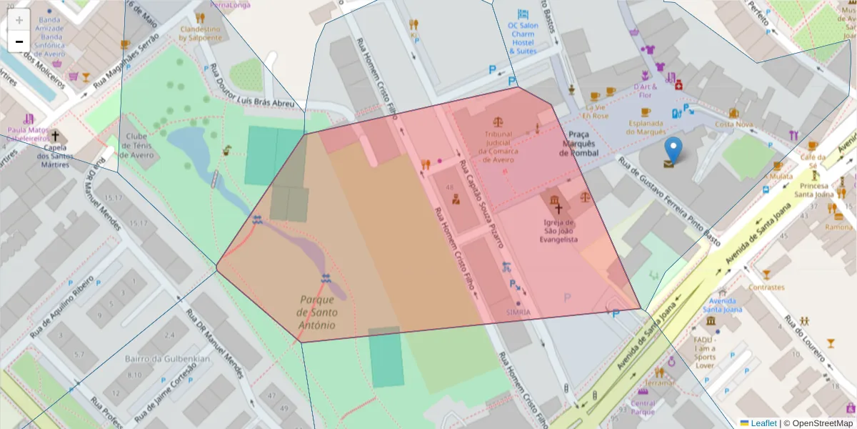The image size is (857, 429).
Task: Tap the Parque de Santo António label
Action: click(x=317, y=312)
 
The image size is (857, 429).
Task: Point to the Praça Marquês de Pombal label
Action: click(x=578, y=143)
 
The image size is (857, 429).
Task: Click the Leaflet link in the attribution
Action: click(x=763, y=423)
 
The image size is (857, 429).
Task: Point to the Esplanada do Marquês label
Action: click(x=646, y=127)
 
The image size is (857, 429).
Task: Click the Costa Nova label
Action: click(x=734, y=124)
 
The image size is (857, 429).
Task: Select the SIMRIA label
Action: click(x=518, y=312)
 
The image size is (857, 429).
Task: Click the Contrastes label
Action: click(x=766, y=287)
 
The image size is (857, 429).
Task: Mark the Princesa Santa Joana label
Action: click(x=814, y=189)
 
